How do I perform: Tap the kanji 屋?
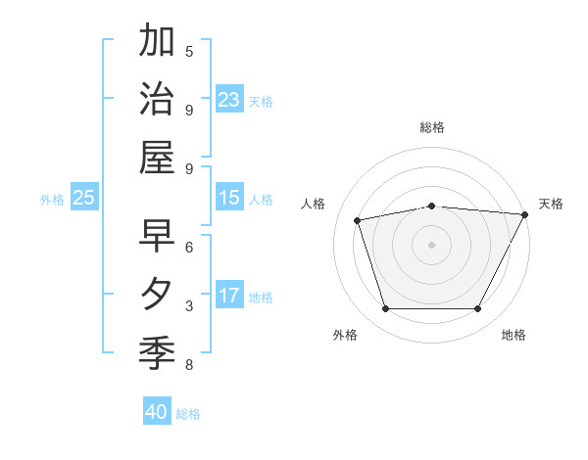point(157,159)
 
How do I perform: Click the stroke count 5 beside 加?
point(189,51)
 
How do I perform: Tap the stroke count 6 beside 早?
point(189,248)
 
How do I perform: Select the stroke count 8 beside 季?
point(189,366)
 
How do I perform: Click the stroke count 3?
point(189,306)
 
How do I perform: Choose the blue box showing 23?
point(229,99)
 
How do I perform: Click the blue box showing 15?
point(229,198)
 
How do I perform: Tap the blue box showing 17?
point(229,296)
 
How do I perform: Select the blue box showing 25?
point(84,198)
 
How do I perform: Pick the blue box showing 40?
point(157,412)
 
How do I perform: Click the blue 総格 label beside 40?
point(188,414)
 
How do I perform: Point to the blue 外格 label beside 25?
point(52,200)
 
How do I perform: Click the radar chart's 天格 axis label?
point(551,204)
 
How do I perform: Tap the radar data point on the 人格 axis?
point(359,220)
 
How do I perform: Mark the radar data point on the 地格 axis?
point(477,309)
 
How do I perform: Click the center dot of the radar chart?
point(431,244)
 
